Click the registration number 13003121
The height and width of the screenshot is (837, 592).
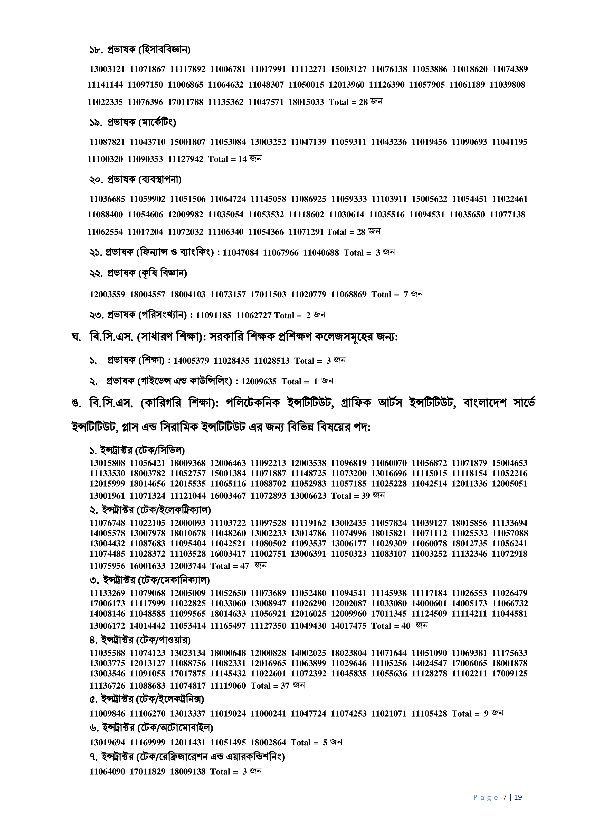pos(107,69)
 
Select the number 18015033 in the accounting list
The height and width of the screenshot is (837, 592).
pos(306,102)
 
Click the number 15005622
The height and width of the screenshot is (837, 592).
pos(429,199)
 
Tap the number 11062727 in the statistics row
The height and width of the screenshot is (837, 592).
pos(254,315)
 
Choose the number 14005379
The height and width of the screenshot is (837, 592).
pos(191,361)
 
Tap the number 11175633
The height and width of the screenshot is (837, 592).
pos(509,653)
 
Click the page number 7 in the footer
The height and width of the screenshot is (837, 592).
pos(504,797)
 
